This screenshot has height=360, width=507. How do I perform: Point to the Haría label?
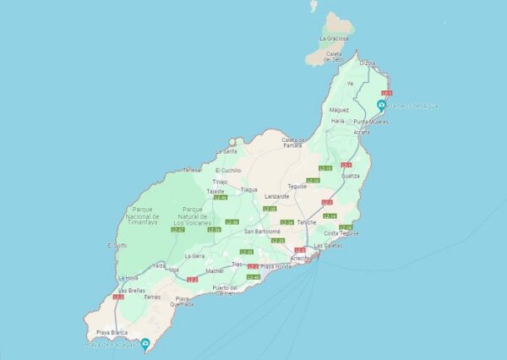pyautogui.click(x=338, y=121)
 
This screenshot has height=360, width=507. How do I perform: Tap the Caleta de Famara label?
pyautogui.click(x=292, y=143)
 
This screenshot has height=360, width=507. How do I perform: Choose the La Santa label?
pyautogui.click(x=226, y=151)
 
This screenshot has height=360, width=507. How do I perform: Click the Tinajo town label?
pyautogui.click(x=221, y=182)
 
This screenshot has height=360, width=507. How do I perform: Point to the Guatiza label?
pyautogui.click(x=351, y=176)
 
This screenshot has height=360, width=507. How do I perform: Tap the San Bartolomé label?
pyautogui.click(x=262, y=231)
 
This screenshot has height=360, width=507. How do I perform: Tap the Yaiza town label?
pyautogui.click(x=159, y=265)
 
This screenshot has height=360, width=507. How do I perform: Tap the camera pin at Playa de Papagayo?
pyautogui.click(x=146, y=344)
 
